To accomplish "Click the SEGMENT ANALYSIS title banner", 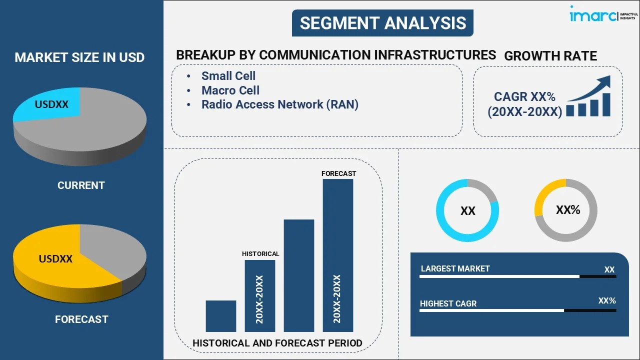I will (382, 23).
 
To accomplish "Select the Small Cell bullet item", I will (228, 76).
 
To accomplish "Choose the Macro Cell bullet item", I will (230, 90).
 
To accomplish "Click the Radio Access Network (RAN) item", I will (279, 104).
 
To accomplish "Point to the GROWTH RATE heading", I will (550, 56).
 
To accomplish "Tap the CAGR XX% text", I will (524, 97).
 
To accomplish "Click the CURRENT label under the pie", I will (81, 185).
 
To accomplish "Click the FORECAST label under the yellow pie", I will (81, 319).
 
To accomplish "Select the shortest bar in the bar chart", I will (220, 316).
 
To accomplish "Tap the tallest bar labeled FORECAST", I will (338, 255).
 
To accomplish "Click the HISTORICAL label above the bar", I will (260, 254).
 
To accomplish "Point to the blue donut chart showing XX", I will (467, 210).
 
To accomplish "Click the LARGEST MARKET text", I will (455, 269).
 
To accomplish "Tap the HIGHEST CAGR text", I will (448, 303).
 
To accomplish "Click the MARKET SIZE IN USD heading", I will (79, 57).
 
